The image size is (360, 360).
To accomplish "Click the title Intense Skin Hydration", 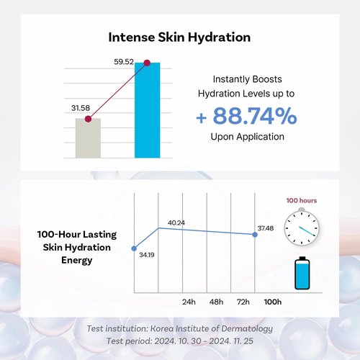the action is (179, 37).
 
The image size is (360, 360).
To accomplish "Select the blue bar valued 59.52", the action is (147, 110).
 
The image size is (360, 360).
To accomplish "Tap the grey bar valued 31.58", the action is (88, 138).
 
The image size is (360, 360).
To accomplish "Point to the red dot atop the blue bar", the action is (147, 63).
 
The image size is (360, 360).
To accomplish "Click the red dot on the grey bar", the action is (88, 119).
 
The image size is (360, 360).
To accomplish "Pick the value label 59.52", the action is (124, 62).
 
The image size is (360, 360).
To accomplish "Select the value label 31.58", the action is (81, 108).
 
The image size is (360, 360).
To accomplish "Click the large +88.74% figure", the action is (246, 116).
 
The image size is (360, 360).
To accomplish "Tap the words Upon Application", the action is (248, 137).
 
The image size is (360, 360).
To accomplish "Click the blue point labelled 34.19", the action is (134, 248).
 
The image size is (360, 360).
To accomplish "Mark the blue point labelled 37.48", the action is (255, 235).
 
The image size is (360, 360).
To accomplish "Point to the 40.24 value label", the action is (176, 223).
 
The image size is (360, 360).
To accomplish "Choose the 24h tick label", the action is (189, 302).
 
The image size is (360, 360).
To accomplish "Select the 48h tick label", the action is (216, 302).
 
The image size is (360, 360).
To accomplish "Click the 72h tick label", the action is (243, 302).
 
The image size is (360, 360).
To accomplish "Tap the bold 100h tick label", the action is (273, 302).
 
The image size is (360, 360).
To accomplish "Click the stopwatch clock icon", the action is (302, 228).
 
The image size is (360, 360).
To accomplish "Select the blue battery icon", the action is (302, 273).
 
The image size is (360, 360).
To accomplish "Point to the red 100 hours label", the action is (302, 201).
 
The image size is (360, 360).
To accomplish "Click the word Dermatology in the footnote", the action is (247, 329).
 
